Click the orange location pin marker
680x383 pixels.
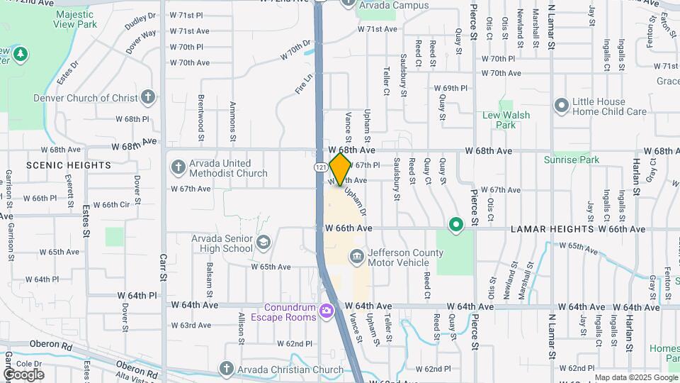341,169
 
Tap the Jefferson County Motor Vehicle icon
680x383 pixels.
356,255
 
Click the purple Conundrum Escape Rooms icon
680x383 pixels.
326,310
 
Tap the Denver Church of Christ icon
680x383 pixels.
147,96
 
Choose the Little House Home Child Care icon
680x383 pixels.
562,106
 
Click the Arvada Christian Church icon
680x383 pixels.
226,368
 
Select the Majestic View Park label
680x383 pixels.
75,19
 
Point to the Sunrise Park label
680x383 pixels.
571,160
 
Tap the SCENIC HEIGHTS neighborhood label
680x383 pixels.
69,165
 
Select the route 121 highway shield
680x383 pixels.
322,167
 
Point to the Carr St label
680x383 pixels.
163,268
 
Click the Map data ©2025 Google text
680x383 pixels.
635,377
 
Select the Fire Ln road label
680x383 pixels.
303,84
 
